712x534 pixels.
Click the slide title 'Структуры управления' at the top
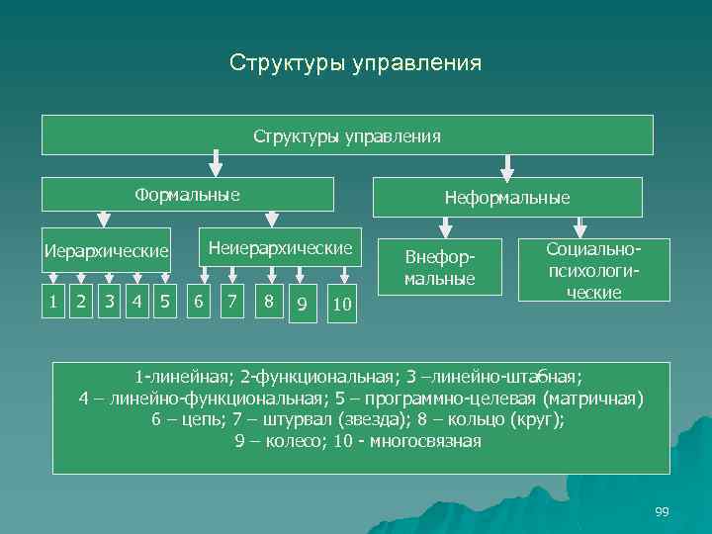click(355, 63)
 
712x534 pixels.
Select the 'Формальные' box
click(188, 195)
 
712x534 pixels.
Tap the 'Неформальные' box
click(507, 198)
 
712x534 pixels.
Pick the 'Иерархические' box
click(106, 250)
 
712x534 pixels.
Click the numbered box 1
click(53, 301)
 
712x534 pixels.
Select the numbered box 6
click(200, 301)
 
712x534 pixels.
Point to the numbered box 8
click(267, 301)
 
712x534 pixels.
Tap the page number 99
click(662, 511)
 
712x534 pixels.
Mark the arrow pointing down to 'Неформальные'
click(507, 165)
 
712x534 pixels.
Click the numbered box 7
click(232, 301)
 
